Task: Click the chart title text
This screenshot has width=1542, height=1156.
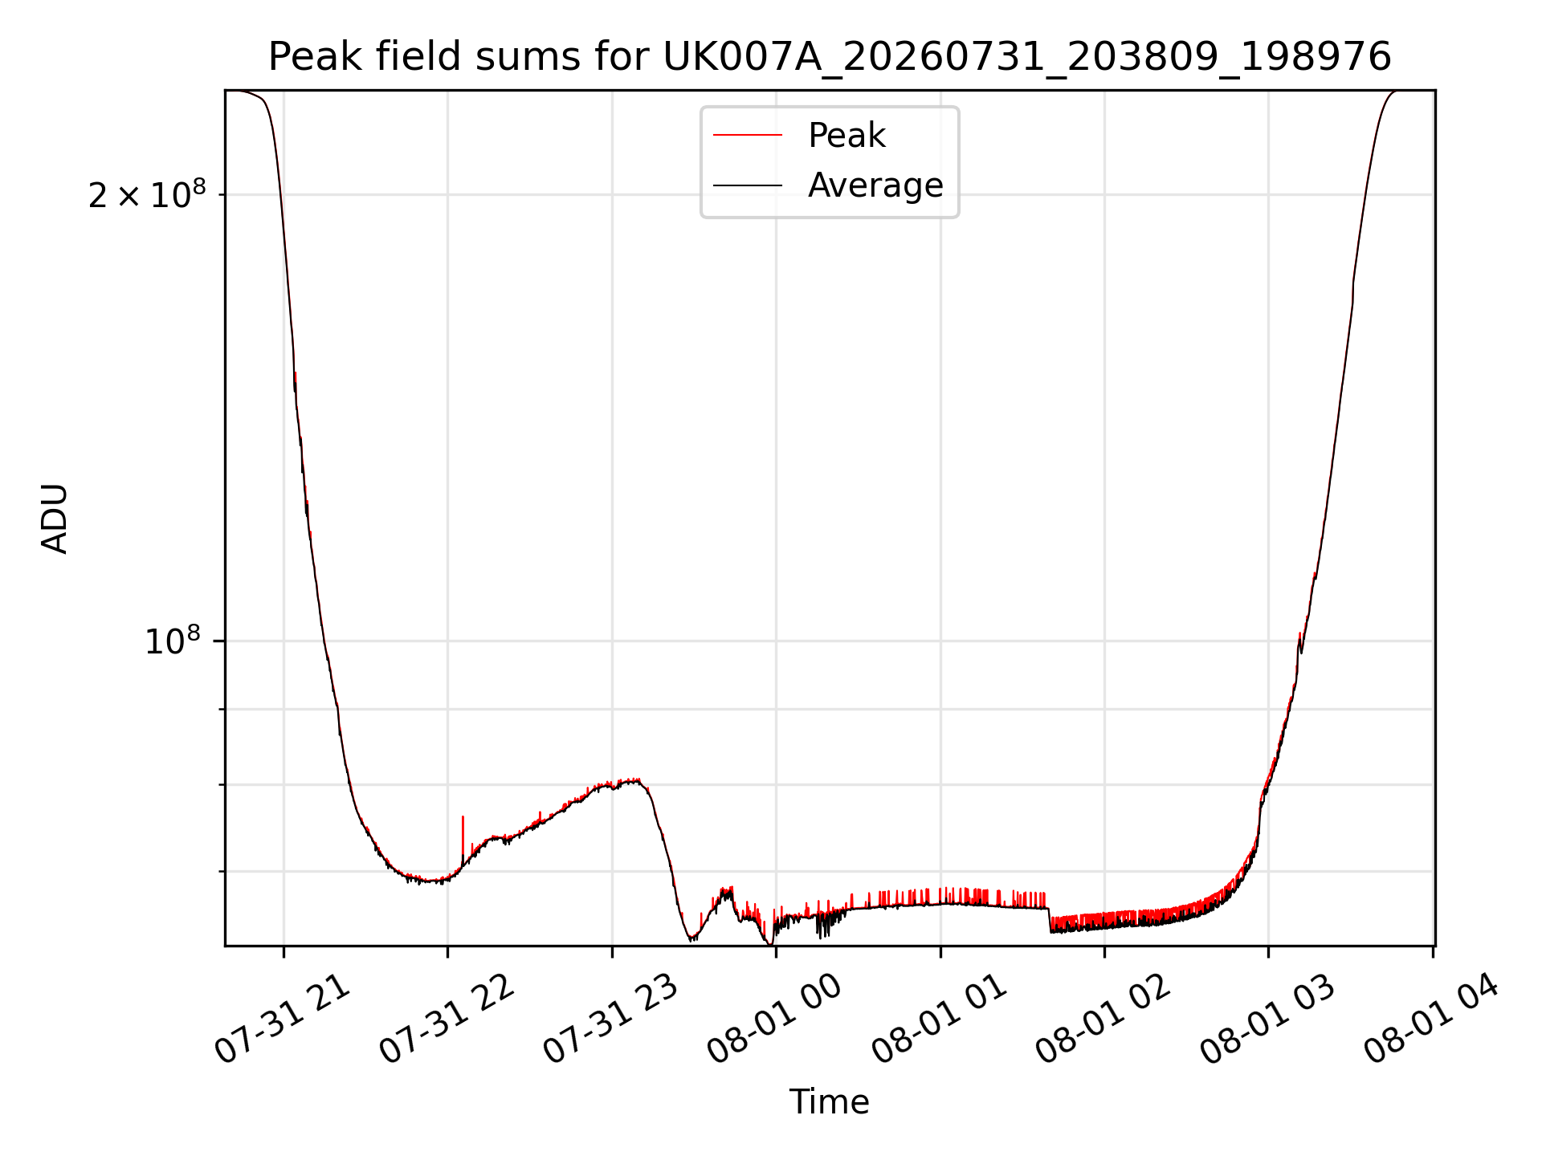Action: point(830,57)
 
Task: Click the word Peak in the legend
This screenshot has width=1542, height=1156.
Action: point(846,136)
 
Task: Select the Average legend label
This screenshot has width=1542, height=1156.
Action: point(875,185)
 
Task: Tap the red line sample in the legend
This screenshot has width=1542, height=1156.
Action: point(748,136)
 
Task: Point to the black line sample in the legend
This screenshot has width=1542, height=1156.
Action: point(748,185)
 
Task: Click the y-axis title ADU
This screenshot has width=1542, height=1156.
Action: point(55,518)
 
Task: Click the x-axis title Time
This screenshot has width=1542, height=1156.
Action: point(830,1102)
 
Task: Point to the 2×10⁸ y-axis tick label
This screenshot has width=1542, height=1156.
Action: point(147,194)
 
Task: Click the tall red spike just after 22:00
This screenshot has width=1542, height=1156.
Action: point(463,839)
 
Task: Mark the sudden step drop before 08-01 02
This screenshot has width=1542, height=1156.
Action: point(1050,920)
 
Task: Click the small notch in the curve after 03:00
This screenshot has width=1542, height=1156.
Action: point(1300,642)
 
